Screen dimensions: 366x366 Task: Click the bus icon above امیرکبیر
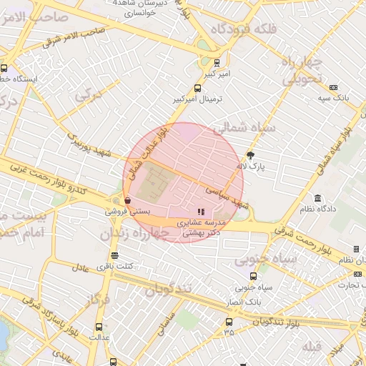point(217,63)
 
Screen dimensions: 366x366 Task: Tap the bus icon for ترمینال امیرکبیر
point(198,88)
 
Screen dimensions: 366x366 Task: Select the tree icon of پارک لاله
point(250,154)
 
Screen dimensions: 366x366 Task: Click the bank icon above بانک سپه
point(333,87)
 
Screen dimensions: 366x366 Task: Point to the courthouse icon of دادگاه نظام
point(317,197)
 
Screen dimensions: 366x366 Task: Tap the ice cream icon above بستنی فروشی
point(127,201)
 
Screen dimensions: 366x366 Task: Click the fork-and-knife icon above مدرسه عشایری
point(201,212)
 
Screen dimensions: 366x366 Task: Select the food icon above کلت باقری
point(114,255)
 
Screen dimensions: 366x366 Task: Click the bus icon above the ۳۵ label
point(229,321)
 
